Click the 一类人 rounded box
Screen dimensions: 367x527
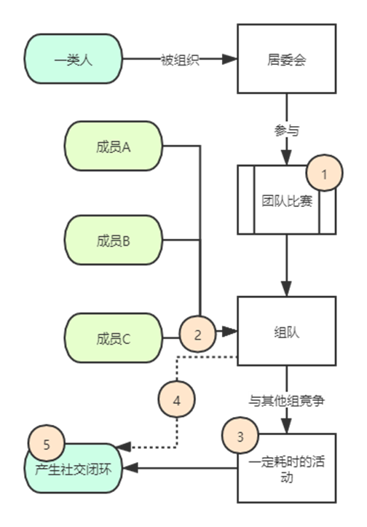pyautogui.click(x=74, y=59)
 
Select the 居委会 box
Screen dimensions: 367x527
pyautogui.click(x=287, y=59)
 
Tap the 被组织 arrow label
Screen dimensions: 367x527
pyautogui.click(x=180, y=60)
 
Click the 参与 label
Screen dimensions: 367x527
pyautogui.click(x=286, y=130)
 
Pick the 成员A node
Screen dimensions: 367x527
pyautogui.click(x=114, y=147)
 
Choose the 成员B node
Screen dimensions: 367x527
pyautogui.click(x=114, y=241)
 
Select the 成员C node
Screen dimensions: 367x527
pyautogui.click(x=114, y=338)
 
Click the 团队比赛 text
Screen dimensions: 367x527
pyautogui.click(x=287, y=201)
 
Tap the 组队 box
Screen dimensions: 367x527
pyautogui.click(x=287, y=331)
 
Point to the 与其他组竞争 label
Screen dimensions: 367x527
pyautogui.click(x=286, y=401)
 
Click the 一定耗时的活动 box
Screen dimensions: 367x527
pyautogui.click(x=287, y=468)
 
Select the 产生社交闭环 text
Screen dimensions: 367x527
pyautogui.click(x=74, y=469)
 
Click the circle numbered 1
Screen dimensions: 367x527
pyautogui.click(x=324, y=173)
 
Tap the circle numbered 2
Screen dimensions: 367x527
pyautogui.click(x=197, y=334)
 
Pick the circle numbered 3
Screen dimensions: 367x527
pyautogui.click(x=240, y=436)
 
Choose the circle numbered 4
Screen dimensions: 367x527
pyautogui.click(x=177, y=399)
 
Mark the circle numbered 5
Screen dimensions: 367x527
pyautogui.click(x=47, y=443)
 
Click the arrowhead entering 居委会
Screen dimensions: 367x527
pyautogui.click(x=230, y=59)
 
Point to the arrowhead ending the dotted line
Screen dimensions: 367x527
pyautogui.click(x=123, y=447)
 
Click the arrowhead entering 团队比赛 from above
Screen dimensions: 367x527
pyautogui.click(x=286, y=157)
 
